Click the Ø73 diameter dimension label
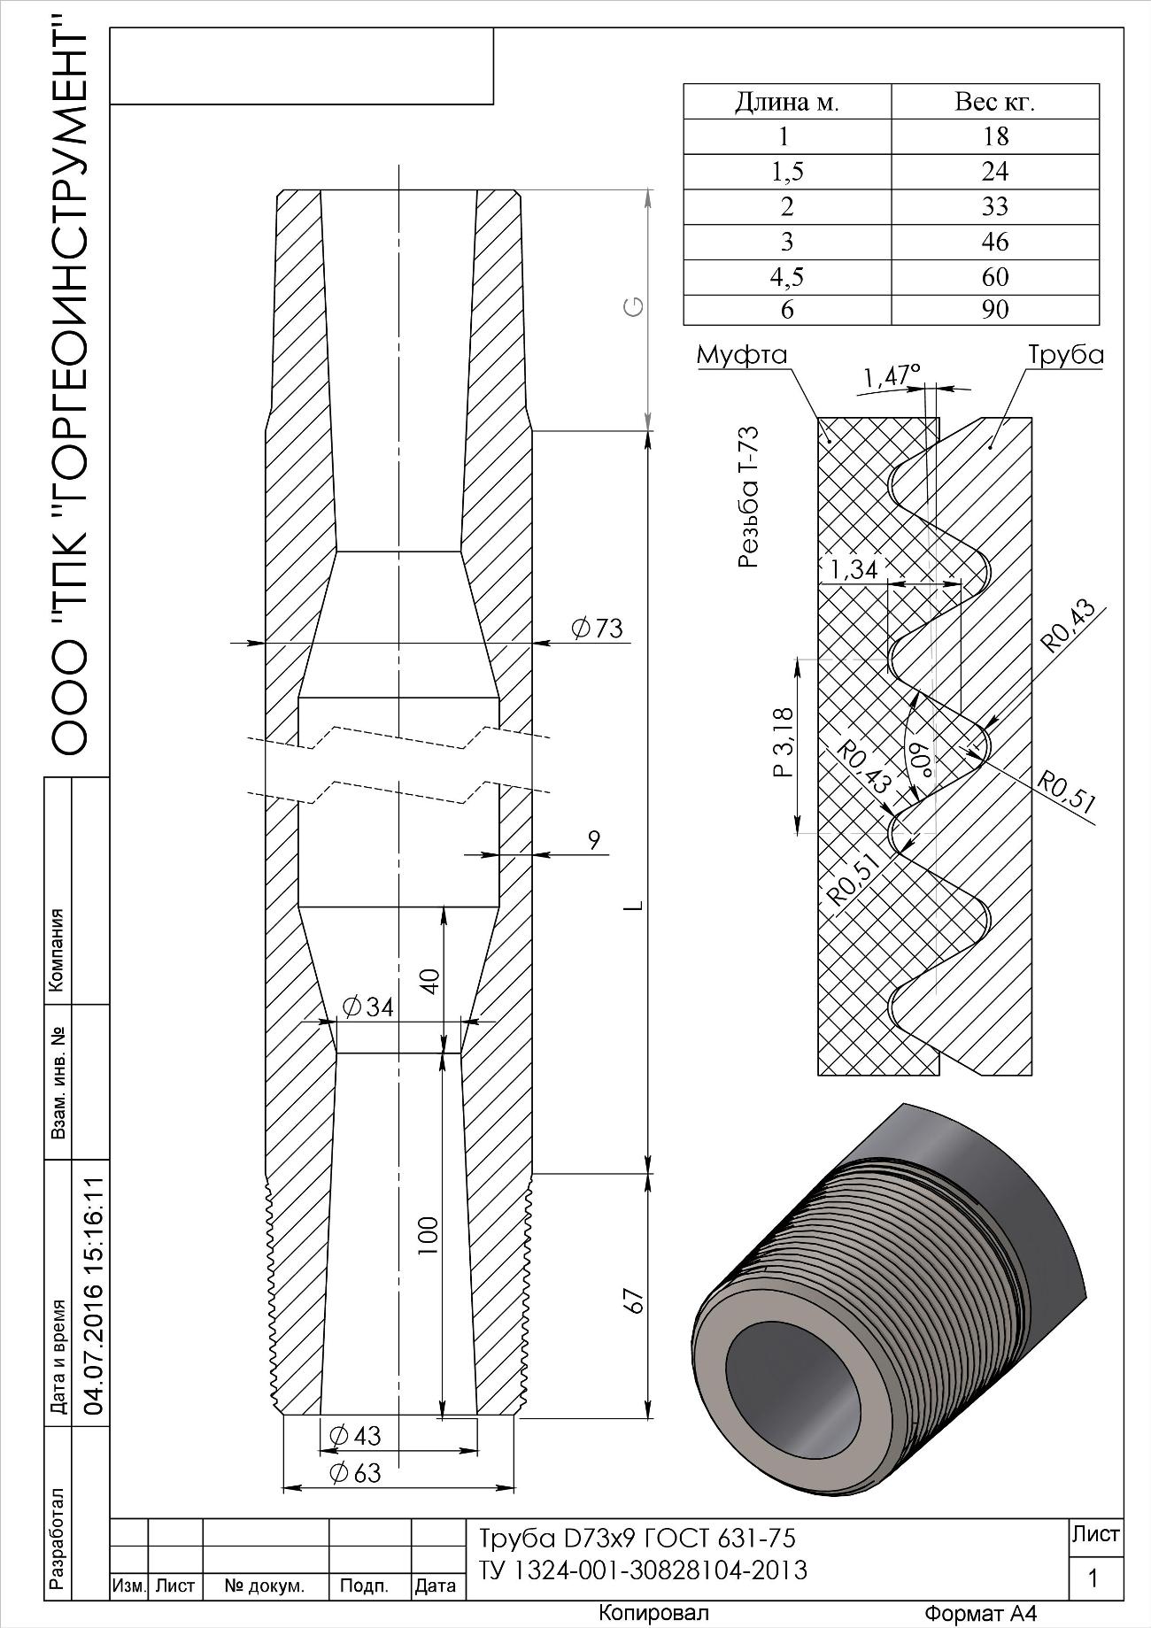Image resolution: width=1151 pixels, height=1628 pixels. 598,629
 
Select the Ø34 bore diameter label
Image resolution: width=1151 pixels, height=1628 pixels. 367,1007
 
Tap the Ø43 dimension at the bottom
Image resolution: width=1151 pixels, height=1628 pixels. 354,1435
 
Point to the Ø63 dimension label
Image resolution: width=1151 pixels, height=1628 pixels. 354,1473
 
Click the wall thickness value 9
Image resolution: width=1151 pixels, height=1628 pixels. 594,840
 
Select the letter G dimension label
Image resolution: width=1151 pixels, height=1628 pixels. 634,307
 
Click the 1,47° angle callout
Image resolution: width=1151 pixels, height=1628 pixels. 892,376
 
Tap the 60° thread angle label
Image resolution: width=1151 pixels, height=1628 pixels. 922,760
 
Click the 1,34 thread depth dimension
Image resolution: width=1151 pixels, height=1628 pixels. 854,569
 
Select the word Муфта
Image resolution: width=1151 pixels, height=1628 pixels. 742,355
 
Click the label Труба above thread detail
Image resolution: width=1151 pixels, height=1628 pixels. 1065,355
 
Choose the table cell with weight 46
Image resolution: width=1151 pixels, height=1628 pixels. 995,242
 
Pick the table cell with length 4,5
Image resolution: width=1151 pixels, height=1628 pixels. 787,277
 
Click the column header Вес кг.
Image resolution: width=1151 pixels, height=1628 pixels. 995,102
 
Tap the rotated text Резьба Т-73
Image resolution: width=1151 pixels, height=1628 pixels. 748,498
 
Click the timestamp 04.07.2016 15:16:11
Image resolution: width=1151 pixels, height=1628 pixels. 92,1296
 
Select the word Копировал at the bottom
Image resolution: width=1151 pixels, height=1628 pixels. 653,1612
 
